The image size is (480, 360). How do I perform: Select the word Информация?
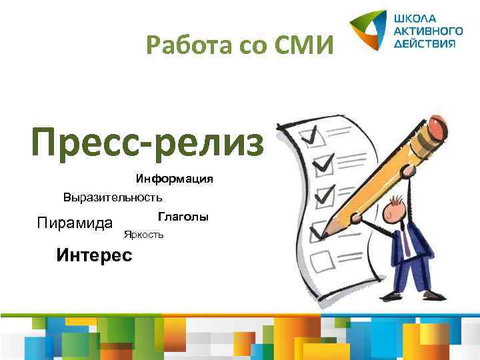coord(175,179)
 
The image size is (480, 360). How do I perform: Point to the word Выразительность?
coord(113,197)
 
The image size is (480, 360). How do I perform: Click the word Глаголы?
coord(183,217)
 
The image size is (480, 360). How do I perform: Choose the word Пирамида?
coord(74,222)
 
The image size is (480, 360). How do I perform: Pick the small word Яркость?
coord(143,235)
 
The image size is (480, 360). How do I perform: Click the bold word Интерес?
coord(94,255)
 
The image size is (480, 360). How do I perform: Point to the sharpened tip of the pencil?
coord(323,234)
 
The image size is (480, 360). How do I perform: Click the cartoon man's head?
coord(397,211)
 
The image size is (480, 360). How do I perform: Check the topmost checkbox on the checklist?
coord(309,137)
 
